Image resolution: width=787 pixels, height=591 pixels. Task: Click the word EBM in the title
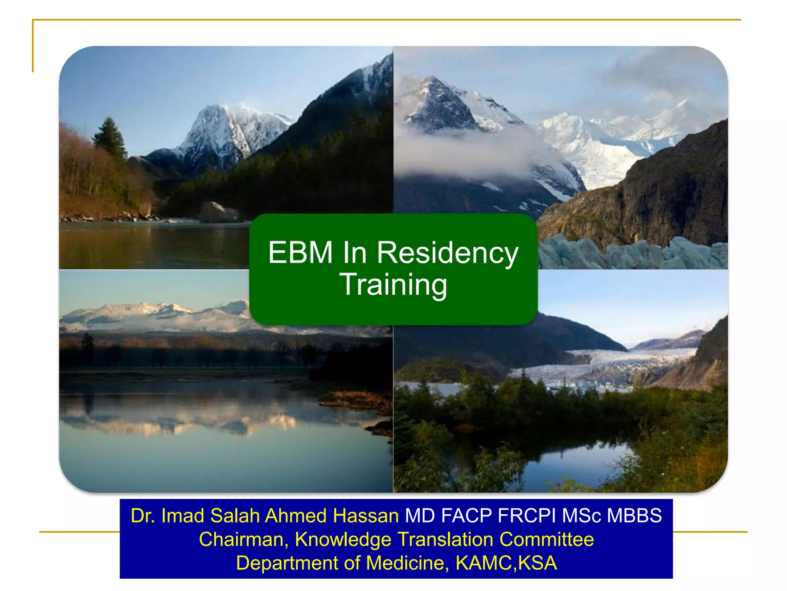pos(300,253)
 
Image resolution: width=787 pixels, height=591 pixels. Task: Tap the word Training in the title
pos(393,285)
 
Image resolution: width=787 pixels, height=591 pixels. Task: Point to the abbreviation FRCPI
pos(526,516)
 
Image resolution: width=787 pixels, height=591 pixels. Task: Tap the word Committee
pos(546,539)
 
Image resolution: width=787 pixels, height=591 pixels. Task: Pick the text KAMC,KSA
pos(506,563)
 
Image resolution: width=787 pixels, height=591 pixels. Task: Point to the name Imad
pos(183,516)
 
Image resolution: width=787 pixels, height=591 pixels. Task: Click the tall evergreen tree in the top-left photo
pos(111,139)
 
